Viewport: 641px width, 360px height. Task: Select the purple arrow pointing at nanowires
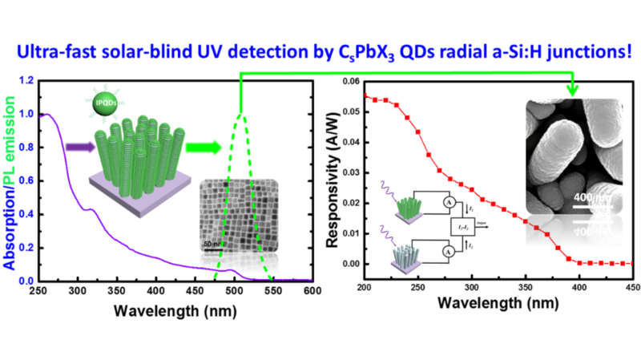77,148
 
